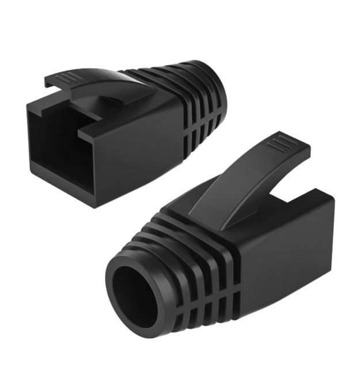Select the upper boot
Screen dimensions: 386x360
(x=127, y=127)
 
